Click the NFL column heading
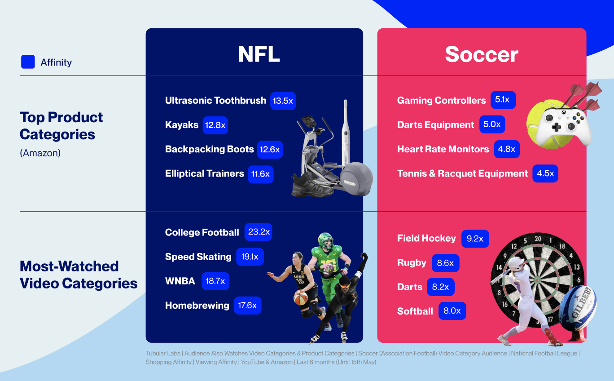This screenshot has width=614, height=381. pos(259,54)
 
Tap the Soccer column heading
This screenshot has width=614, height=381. pos(482,54)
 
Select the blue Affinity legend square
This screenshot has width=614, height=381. pos(28,62)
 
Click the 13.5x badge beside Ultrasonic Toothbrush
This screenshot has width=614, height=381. pos(283,101)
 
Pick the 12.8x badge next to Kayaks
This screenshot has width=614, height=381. pos(215,125)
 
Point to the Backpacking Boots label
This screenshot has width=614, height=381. pos(210,149)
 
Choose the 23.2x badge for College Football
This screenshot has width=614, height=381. pos(259,232)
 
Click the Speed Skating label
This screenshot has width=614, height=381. pos(198,257)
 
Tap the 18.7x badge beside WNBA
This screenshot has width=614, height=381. pos(215,281)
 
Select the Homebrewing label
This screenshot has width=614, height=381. pos(197,306)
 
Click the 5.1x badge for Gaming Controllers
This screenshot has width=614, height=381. pos(503,100)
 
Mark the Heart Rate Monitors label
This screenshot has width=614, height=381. pos(443,149)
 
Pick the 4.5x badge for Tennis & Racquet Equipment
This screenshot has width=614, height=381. pos(545,173)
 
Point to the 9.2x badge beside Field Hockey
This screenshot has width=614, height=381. pos(475,239)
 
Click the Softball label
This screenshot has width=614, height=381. pos(415,311)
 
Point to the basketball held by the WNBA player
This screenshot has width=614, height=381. pos(301,297)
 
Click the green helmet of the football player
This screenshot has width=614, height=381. pos(326,240)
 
